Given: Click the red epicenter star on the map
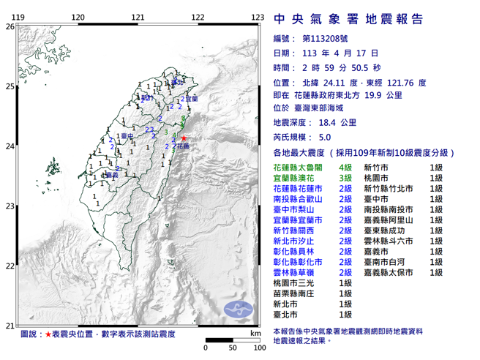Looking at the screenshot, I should pyautogui.click(x=184, y=138).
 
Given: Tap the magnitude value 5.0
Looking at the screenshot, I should pyautogui.click(x=325, y=137).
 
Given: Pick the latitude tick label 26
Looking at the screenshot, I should pyautogui.click(x=10, y=26).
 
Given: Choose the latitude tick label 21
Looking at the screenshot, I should pyautogui.click(x=10, y=326).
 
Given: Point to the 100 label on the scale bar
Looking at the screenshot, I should pyautogui.click(x=257, y=347).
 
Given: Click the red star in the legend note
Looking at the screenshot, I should pyautogui.click(x=49, y=334).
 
